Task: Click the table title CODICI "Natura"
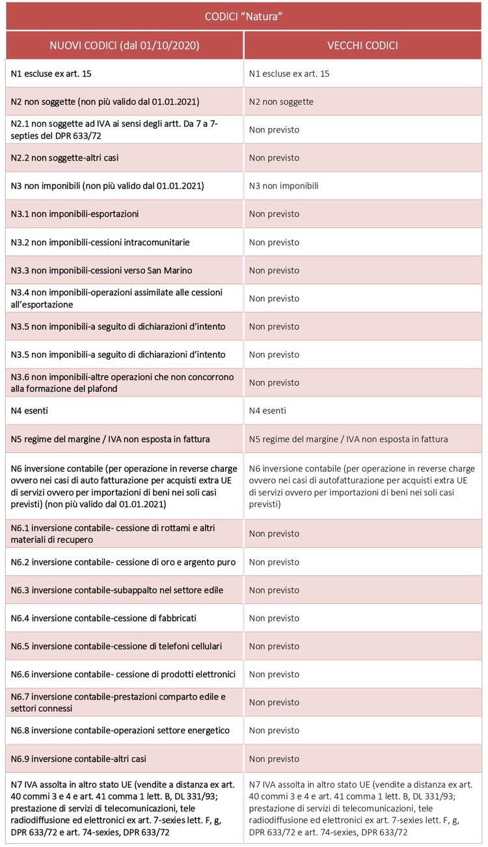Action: [244, 16]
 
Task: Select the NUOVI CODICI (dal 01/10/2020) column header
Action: [125, 46]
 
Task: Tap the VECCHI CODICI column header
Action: [363, 46]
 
